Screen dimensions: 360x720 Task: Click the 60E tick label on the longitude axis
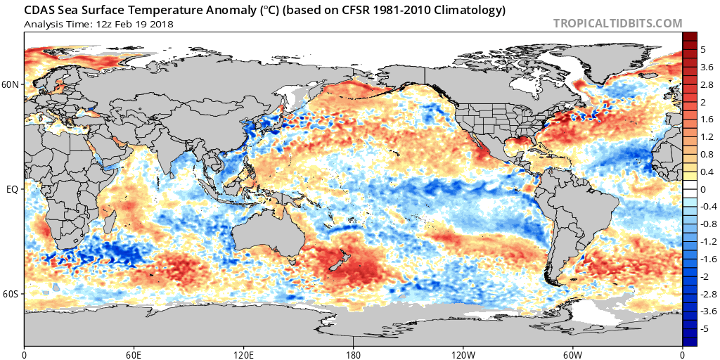tap(134, 353)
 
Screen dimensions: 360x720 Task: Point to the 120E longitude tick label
tap(243, 353)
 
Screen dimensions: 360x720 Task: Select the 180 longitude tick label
tap(353, 353)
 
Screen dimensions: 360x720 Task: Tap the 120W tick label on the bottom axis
tap(463, 353)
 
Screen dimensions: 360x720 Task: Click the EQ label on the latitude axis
tap(13, 190)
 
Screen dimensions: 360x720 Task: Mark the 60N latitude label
tap(11, 85)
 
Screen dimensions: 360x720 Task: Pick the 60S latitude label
tap(11, 294)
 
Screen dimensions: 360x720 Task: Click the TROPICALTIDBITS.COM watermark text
tap(617, 23)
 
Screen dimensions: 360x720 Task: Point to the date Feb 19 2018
tap(145, 24)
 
